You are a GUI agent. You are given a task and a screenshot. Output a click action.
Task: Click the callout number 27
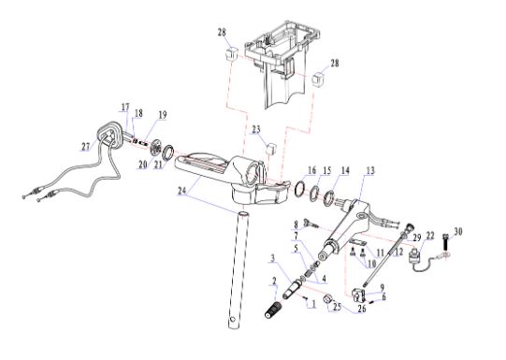coord(85,147)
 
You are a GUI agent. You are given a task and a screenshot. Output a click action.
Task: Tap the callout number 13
coord(370,170)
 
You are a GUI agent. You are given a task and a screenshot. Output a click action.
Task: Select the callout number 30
coord(458,231)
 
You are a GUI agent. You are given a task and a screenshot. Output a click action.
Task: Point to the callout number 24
coord(182,191)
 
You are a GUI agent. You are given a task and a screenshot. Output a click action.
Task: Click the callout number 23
coord(256,129)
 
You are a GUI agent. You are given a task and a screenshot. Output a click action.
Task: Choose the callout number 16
coord(311,170)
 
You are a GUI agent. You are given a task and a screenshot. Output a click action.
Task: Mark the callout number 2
coord(274,281)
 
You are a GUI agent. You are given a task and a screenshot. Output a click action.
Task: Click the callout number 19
coord(163,114)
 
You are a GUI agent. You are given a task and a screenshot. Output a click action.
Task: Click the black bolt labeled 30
coord(447,242)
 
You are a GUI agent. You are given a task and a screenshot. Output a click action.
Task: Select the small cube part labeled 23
coord(271,149)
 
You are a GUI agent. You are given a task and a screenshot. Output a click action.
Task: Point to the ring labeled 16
coord(300,188)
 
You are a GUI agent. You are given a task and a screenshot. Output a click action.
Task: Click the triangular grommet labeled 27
coord(108,136)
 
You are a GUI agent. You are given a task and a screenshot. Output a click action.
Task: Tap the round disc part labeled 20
coord(156,147)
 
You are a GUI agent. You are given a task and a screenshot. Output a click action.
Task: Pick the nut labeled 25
coord(328,299)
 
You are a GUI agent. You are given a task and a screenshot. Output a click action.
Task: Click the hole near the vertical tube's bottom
coord(232,320)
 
